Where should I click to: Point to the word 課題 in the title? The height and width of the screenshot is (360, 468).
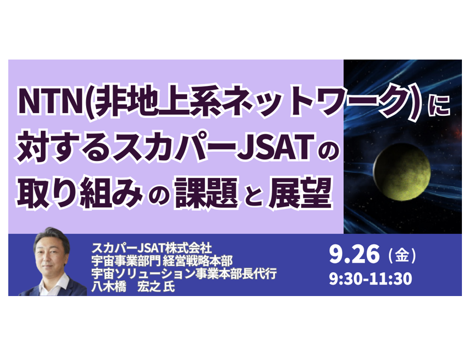(206, 192)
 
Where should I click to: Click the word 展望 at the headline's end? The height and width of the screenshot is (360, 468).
(300, 192)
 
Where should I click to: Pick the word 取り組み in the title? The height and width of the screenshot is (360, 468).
(80, 192)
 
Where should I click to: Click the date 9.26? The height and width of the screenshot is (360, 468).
(354, 254)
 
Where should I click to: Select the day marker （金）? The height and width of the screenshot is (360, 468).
(402, 256)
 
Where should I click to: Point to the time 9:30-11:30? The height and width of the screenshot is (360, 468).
(370, 278)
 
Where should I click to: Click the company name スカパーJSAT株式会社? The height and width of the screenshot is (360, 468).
(152, 248)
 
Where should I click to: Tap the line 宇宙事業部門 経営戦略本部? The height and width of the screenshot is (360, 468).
(162, 261)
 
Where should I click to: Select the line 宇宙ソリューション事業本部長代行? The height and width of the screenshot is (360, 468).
(184, 274)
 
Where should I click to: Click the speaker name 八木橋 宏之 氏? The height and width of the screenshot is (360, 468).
(133, 287)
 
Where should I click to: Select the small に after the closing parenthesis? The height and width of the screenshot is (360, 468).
(439, 106)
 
